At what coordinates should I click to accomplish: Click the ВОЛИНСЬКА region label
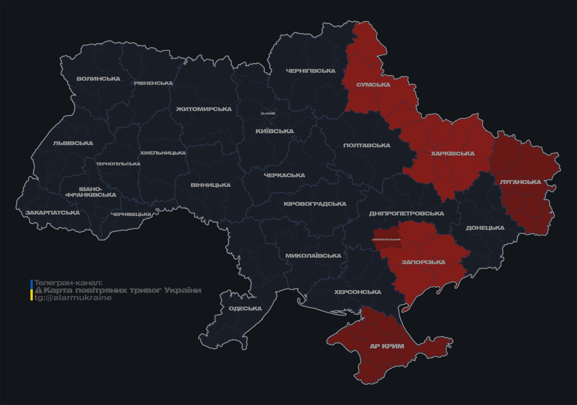98,79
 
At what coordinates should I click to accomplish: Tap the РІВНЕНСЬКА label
153,83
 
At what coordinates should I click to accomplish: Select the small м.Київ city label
268,113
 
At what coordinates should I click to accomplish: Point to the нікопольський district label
386,239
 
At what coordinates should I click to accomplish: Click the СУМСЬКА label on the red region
373,85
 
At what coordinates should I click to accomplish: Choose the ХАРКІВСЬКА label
453,153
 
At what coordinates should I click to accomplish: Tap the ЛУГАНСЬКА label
520,182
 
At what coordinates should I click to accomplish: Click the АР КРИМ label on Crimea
387,346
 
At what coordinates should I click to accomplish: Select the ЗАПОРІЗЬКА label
423,262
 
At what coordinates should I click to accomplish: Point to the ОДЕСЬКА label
245,308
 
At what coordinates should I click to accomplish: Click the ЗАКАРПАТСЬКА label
52,213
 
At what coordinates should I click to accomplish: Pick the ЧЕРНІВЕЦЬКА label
131,214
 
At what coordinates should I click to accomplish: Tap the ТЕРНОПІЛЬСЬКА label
118,164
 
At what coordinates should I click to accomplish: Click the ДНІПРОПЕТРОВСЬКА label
406,213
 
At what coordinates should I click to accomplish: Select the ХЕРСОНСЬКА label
357,292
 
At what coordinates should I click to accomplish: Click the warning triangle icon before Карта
38,290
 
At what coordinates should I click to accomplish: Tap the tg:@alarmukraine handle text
73,298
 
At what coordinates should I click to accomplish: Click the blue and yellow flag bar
32,290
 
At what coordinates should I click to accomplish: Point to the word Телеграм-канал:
68,283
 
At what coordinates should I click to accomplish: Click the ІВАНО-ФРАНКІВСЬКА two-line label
91,192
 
